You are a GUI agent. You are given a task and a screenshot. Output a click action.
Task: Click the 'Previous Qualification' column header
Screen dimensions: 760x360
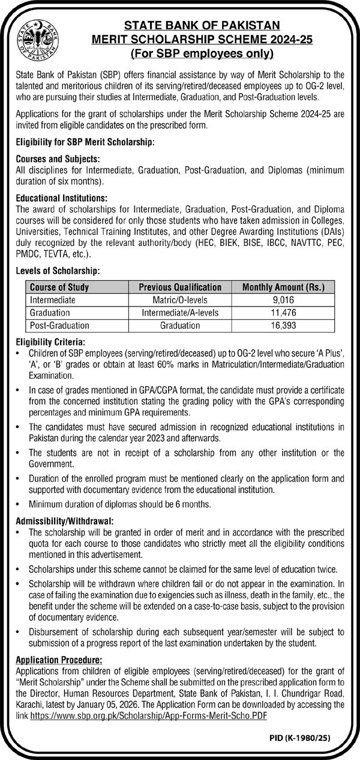pos(180,287)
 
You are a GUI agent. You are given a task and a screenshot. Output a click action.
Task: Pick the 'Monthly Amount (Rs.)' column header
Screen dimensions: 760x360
pos(287,287)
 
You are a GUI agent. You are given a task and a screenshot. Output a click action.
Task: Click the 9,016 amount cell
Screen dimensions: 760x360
pos(287,300)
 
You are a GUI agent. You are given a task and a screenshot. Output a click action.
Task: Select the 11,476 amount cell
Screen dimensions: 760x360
pos(287,313)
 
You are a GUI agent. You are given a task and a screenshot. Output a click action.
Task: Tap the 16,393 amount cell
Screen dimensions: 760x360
pos(287,325)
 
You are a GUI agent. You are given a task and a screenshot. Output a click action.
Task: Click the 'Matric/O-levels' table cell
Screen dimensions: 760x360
pos(180,300)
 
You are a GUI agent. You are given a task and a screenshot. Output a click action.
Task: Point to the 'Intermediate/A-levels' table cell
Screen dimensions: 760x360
pos(180,313)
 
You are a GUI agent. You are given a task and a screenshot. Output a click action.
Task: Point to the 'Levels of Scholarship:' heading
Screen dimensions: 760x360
pos(58,272)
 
